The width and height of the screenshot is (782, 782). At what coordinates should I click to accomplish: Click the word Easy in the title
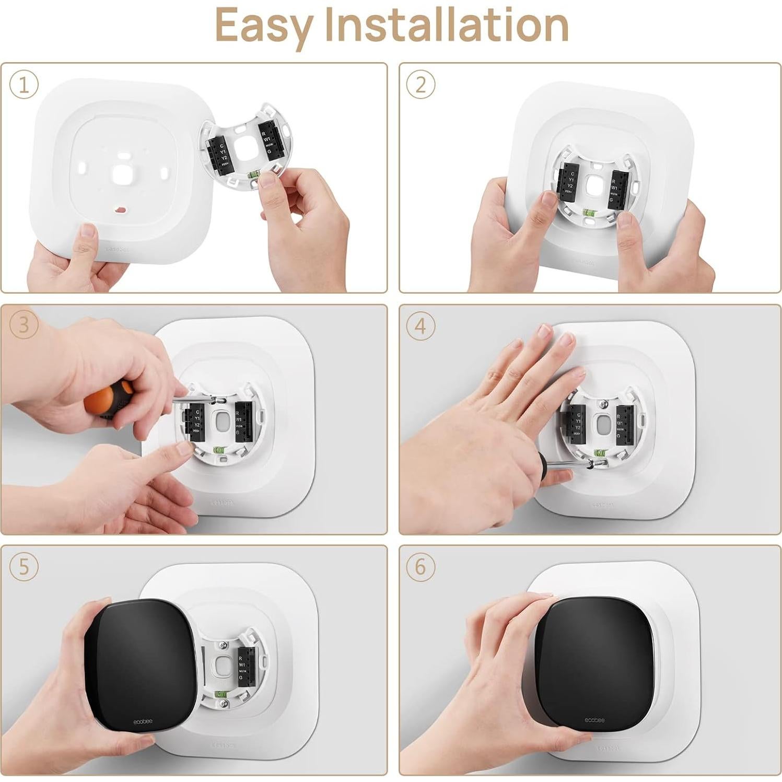(x=264, y=26)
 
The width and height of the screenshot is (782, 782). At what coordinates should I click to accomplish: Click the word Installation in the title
(x=447, y=25)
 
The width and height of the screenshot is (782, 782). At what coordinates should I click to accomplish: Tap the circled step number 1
(x=24, y=84)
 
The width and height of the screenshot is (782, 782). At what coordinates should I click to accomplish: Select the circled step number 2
(x=421, y=84)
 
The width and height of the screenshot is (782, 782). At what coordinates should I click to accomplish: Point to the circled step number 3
(x=24, y=325)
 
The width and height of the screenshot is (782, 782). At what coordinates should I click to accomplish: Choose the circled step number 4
(x=421, y=326)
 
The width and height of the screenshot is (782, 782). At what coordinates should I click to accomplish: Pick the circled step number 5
(x=24, y=567)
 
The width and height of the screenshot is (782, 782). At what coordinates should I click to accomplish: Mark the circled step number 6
(x=421, y=567)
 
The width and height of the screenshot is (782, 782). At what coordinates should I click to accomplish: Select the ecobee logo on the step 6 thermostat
(x=594, y=720)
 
